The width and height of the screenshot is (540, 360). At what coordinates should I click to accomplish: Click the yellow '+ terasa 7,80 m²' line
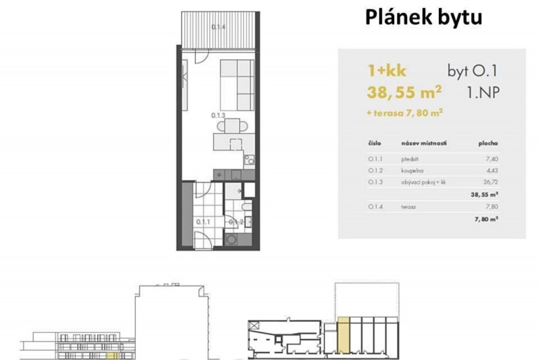pos(404,113)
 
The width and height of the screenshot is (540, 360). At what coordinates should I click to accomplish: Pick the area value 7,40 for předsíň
pos(492,159)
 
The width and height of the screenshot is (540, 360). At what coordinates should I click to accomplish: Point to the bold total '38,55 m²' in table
pos(484,193)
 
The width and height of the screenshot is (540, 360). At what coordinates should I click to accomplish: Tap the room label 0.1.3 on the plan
pos(217,115)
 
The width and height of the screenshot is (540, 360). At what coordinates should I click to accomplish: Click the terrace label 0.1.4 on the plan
pos(218,27)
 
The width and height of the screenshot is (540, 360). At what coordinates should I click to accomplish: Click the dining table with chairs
pos(233,126)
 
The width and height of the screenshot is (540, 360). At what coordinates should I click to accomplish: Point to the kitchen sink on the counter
pos(248,160)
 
